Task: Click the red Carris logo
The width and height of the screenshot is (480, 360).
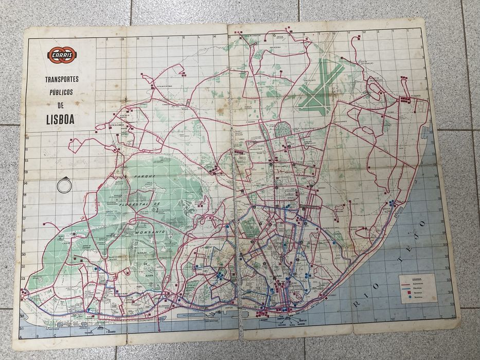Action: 62,55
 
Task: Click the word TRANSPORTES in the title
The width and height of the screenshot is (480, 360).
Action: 61,79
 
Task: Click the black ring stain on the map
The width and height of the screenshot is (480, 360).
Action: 64,185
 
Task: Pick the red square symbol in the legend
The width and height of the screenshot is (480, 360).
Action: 410,293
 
